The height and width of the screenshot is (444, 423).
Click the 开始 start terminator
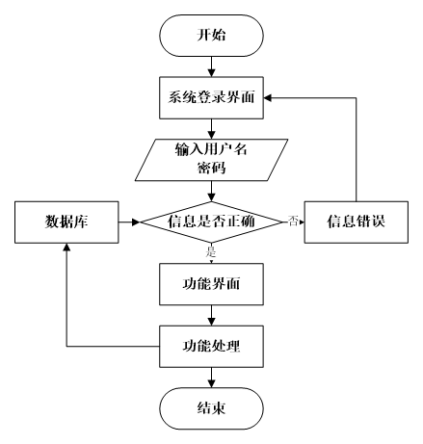click(211, 36)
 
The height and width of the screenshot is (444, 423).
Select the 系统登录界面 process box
click(211, 97)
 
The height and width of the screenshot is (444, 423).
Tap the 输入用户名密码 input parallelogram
click(211, 159)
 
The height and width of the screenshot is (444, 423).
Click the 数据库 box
click(66, 222)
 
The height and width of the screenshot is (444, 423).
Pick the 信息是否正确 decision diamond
click(211, 222)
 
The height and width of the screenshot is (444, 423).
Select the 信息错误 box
click(356, 222)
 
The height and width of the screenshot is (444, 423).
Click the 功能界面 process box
click(211, 284)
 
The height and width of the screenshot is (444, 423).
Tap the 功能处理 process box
click(211, 346)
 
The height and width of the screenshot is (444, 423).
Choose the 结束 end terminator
click(211, 408)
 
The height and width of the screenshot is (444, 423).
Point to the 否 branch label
click(293, 222)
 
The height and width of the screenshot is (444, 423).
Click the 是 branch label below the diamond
click(211, 253)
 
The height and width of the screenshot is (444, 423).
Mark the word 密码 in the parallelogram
click(211, 168)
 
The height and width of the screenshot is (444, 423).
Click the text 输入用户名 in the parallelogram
click(211, 150)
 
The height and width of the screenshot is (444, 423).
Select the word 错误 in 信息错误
click(370, 222)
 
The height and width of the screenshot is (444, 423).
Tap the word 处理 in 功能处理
click(225, 346)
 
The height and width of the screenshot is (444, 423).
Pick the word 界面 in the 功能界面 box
click(225, 284)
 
